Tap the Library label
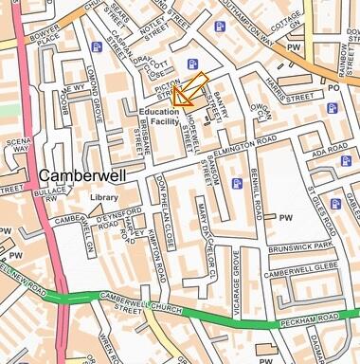[x=104, y=198]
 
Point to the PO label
[x=333, y=87]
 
